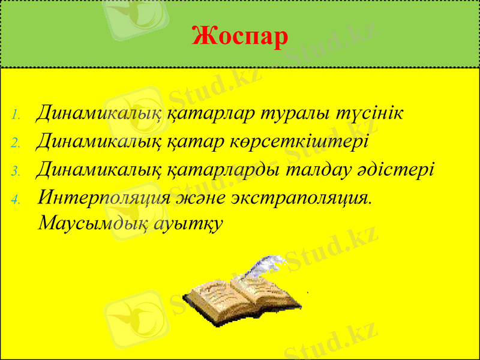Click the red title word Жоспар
pyautogui.click(x=240, y=37)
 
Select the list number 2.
pyautogui.click(x=17, y=143)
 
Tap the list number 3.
pyautogui.click(x=17, y=171)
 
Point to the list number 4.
pyautogui.click(x=17, y=199)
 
